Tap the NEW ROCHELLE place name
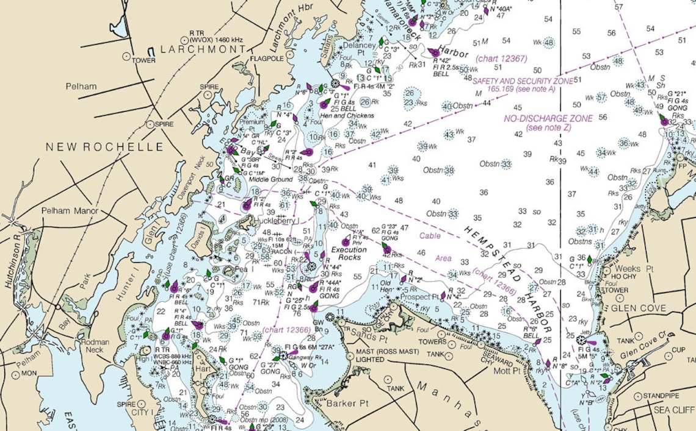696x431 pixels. (x=105, y=147)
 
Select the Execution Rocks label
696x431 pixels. (x=349, y=254)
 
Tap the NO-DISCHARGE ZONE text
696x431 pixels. (x=548, y=119)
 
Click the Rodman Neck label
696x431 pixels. (x=95, y=346)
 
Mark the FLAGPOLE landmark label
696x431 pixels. (x=267, y=59)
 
